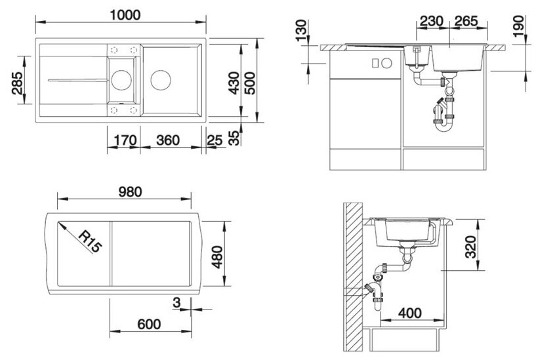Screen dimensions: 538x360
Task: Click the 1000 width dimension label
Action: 125,14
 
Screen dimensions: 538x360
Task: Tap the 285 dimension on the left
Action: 17,83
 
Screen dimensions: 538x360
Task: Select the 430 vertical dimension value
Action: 234,83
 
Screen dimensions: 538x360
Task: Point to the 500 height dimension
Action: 250,83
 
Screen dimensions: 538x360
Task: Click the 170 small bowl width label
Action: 125,140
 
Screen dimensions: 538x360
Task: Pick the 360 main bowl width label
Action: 168,140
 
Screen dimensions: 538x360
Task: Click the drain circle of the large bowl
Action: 161,80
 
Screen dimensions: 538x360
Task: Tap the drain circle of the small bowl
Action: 121,80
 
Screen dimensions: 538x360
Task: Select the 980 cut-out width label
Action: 130,192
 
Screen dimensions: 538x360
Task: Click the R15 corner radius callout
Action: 90,241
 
